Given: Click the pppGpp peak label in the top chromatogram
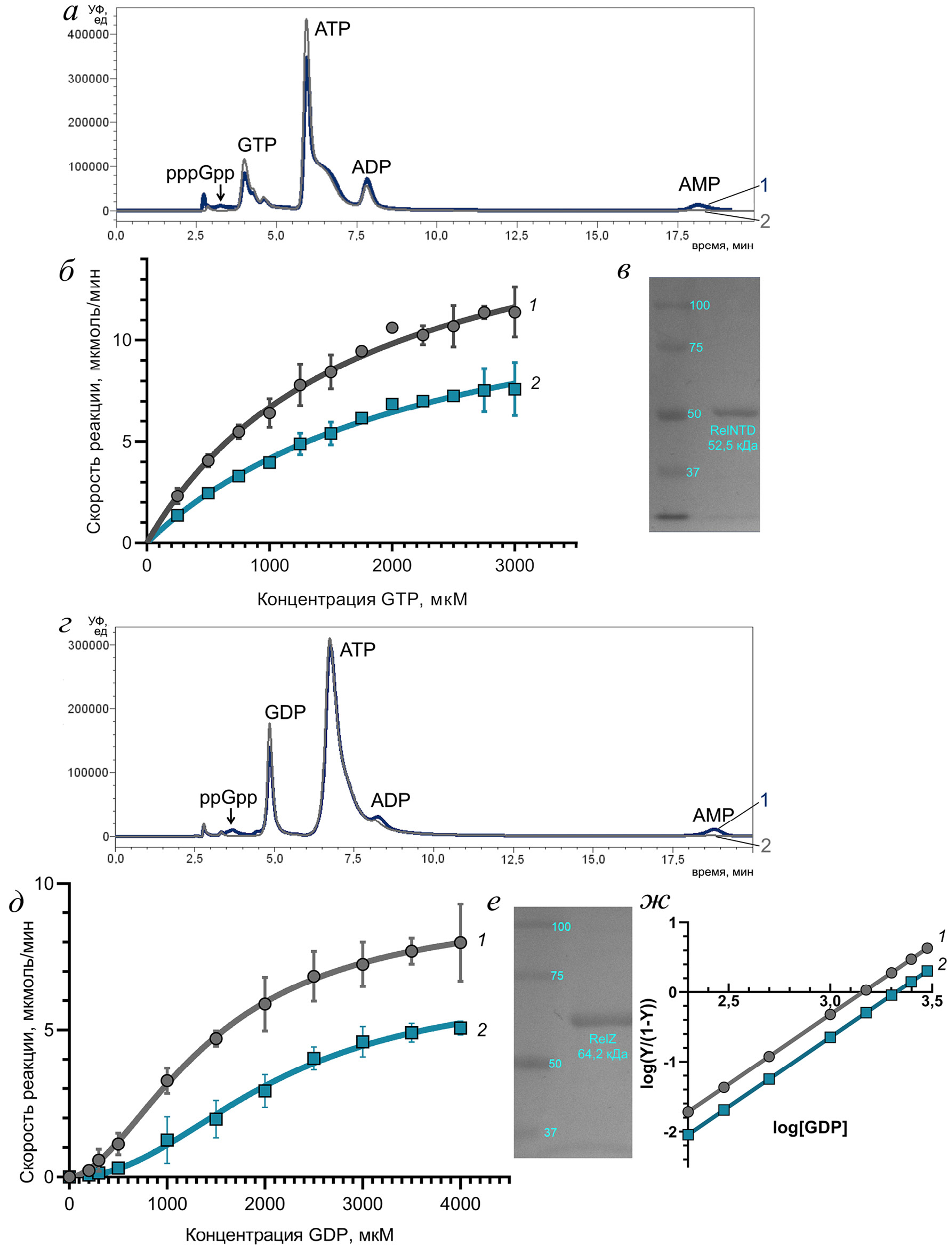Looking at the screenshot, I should point(200,173).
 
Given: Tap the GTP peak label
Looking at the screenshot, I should point(257,145).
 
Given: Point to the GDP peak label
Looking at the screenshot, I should point(285,712).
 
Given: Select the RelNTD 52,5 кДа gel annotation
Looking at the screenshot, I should point(733,438).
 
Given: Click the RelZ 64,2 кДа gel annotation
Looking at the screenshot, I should point(602,1046).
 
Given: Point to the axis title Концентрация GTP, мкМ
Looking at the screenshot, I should point(361,599).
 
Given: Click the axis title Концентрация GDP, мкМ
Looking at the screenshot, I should point(290,1235).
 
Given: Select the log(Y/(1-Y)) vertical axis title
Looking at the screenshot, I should point(649,1043).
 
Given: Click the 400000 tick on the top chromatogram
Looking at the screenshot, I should point(89,35).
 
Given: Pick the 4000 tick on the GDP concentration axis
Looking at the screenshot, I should point(460,1204).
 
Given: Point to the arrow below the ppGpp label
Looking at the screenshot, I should point(230,816).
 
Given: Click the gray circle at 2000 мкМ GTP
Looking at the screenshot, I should point(392,327).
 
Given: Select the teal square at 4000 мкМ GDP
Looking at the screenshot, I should point(460,1028).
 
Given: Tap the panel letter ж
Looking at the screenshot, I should point(655,902).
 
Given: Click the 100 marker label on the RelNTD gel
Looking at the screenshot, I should point(699,305).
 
